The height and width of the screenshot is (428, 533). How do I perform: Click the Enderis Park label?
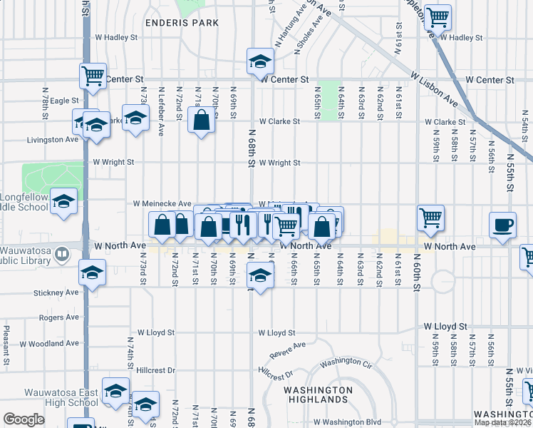[x=182, y=23]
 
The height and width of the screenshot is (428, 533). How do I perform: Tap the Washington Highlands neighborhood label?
[x=318, y=394]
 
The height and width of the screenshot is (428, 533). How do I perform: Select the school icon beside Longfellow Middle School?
[x=64, y=203]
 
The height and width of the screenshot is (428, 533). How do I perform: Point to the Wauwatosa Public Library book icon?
[x=62, y=253]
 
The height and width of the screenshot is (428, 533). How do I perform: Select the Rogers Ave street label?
[x=58, y=317]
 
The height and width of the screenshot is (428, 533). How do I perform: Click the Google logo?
[x=24, y=419]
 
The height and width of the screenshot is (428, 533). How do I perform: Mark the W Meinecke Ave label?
[x=162, y=203]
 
